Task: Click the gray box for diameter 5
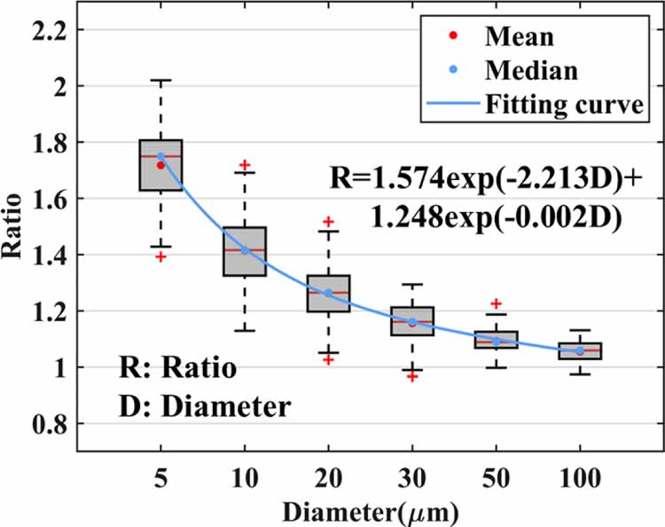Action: coord(160,165)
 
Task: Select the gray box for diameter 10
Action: coord(245,251)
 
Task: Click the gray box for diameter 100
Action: coord(580,350)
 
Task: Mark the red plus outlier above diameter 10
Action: coord(245,166)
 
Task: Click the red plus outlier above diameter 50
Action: coord(497,304)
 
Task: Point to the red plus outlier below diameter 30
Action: coord(412,376)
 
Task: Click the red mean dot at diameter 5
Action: coord(160,165)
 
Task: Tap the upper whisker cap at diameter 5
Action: coord(160,80)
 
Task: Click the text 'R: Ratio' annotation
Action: coord(177,368)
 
